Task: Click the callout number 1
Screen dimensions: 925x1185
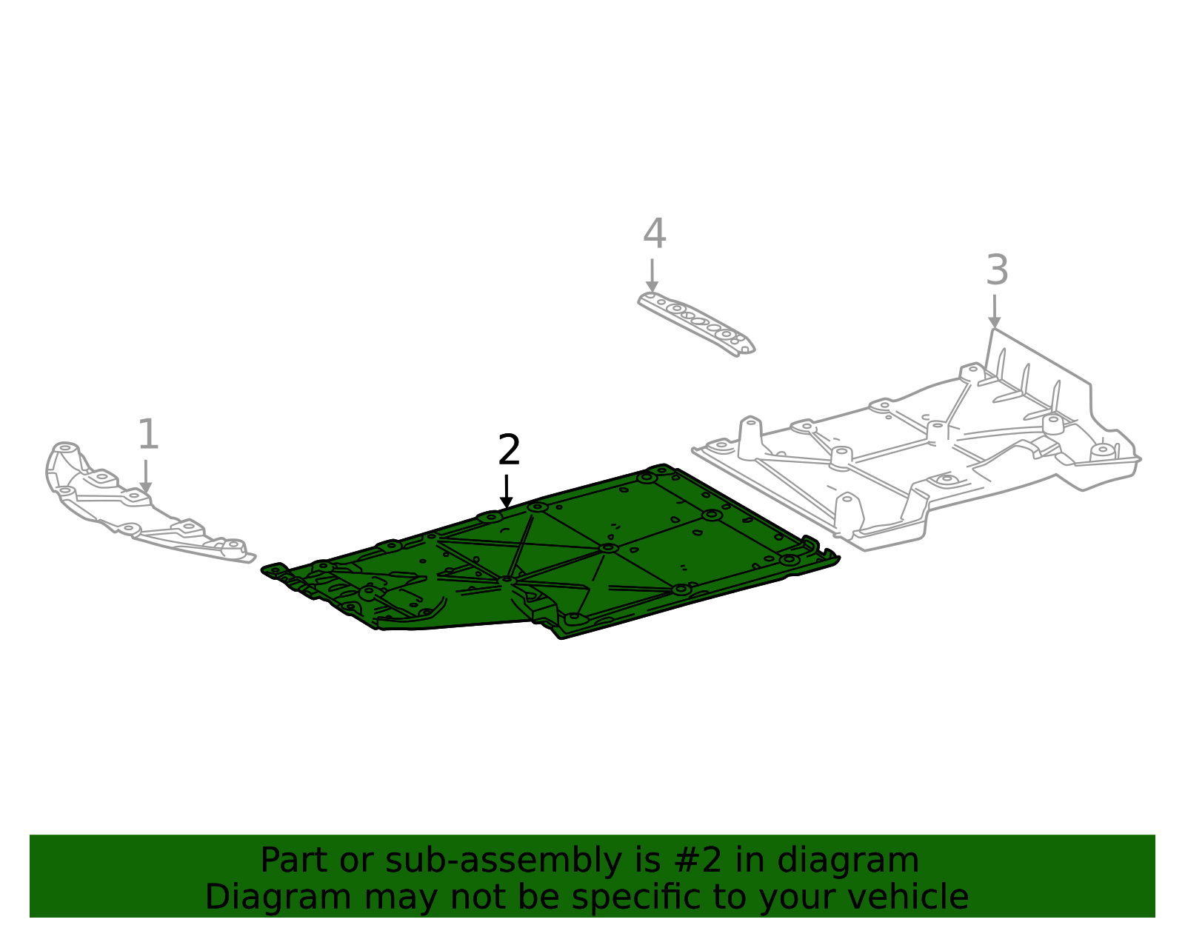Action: [x=148, y=435]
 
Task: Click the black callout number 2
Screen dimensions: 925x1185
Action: [x=509, y=450]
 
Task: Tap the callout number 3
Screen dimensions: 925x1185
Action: [x=997, y=270]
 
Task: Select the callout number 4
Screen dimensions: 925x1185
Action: [x=654, y=234]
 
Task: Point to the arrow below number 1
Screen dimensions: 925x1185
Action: [x=146, y=476]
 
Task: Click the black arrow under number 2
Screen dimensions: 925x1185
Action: [x=507, y=492]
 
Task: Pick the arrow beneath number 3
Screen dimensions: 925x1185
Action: [x=994, y=312]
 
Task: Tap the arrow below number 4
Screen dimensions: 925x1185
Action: [x=652, y=276]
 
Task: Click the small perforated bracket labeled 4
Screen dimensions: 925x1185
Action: [x=696, y=324]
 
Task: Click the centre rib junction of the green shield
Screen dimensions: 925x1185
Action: [x=608, y=548]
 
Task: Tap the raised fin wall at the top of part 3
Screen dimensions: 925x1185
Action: [x=1037, y=370]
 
